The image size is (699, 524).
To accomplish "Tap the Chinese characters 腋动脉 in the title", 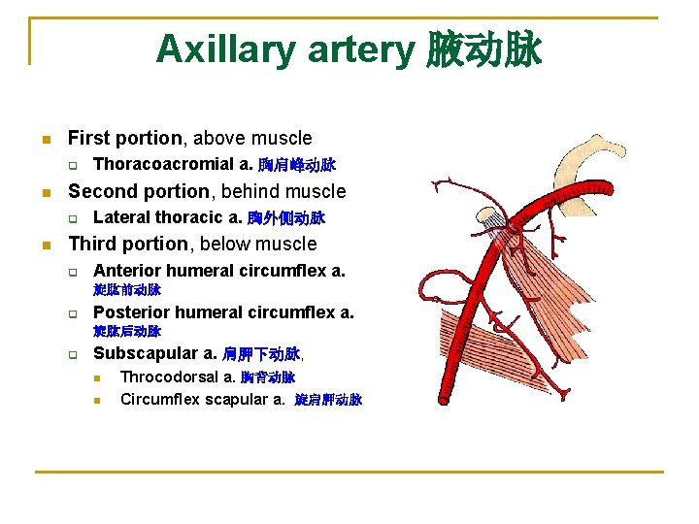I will click(x=483, y=49).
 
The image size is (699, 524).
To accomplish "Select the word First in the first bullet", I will click(x=86, y=139).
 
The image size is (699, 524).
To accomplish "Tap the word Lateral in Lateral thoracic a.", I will click(x=119, y=217).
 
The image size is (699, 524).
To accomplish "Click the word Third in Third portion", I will click(x=92, y=244).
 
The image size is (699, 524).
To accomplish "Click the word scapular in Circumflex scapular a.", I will click(x=228, y=399).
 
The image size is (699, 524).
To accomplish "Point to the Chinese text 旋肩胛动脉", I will click(x=328, y=400).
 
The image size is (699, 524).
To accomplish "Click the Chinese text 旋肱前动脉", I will click(x=127, y=290).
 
